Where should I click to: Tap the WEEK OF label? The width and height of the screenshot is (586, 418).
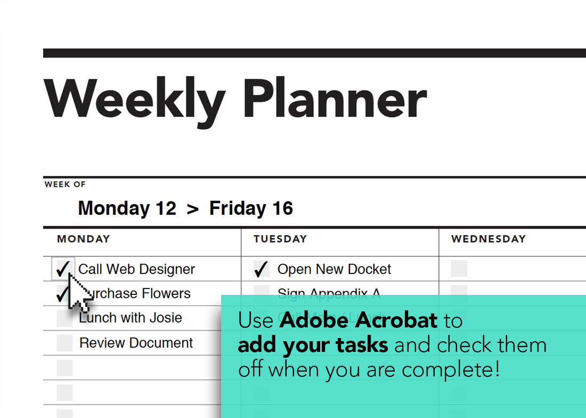pos(65,184)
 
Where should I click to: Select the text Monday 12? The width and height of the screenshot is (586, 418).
pos(127,208)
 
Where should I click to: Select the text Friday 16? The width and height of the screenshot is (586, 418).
pos(251,208)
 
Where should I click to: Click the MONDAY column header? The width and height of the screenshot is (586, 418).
pos(83,239)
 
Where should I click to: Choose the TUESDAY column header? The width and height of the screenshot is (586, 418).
pos(280,239)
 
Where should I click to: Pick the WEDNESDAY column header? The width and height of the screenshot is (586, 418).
pos(489,239)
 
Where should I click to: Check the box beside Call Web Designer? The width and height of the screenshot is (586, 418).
pos(62,269)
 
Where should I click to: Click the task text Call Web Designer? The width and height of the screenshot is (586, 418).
pos(136,269)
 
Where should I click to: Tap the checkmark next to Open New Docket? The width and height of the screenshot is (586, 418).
pos(261,269)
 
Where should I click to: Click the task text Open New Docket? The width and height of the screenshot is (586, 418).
pos(334,269)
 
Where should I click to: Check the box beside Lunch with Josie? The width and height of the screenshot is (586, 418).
pos(64,318)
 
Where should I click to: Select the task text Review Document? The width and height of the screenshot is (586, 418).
pos(136,343)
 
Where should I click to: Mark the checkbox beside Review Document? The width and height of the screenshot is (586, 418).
pos(64,343)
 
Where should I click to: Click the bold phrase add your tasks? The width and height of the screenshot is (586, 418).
pos(313,345)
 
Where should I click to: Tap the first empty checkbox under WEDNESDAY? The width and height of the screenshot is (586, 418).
pos(459,269)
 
